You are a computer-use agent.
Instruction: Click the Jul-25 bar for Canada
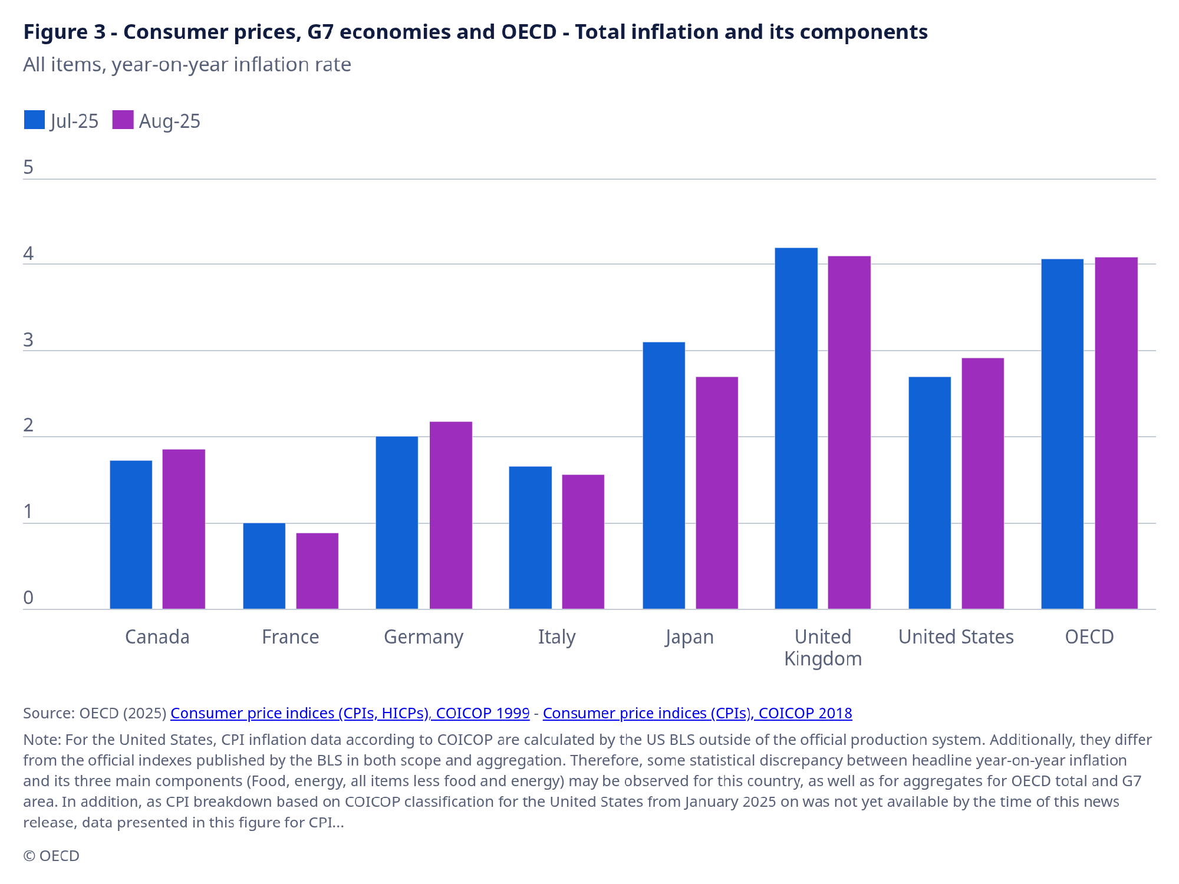pyautogui.click(x=131, y=535)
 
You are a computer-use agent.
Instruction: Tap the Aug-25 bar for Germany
pyautogui.click(x=450, y=515)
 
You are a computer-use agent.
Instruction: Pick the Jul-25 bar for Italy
pyautogui.click(x=530, y=537)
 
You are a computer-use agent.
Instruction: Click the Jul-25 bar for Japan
pyautogui.click(x=664, y=475)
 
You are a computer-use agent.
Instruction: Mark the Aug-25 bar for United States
pyautogui.click(x=983, y=483)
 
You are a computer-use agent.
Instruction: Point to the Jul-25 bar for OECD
pyautogui.click(x=1062, y=434)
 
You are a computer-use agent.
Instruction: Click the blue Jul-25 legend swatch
pyautogui.click(x=34, y=120)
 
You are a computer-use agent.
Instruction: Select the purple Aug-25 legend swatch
pyautogui.click(x=123, y=120)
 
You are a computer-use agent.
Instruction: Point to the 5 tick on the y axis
pyautogui.click(x=28, y=168)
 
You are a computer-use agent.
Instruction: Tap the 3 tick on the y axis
pyautogui.click(x=28, y=340)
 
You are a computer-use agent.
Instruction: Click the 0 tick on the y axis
pyautogui.click(x=28, y=598)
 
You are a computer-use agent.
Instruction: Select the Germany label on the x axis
pyautogui.click(x=423, y=637)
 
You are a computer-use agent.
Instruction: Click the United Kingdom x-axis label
pyautogui.click(x=823, y=647)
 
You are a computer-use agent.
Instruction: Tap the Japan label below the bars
pyautogui.click(x=689, y=637)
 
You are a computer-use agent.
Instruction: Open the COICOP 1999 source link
pyautogui.click(x=350, y=713)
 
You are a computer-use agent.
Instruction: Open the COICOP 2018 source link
pyautogui.click(x=697, y=713)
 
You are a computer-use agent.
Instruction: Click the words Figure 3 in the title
pyautogui.click(x=64, y=32)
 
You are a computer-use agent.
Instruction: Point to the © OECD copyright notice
pyautogui.click(x=51, y=856)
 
